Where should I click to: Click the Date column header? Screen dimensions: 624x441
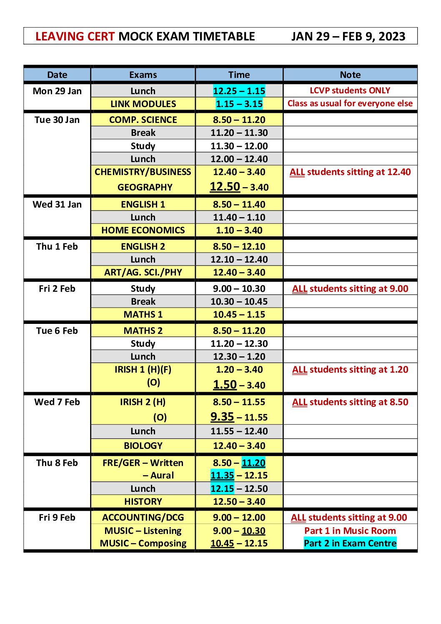click(57, 75)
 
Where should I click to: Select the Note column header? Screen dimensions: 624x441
click(350, 75)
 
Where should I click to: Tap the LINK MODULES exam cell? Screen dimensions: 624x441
click(143, 104)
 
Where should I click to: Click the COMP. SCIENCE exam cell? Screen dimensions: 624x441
click(143, 120)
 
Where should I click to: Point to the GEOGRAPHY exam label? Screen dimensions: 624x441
click(145, 188)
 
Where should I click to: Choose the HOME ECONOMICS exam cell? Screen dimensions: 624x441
click(143, 231)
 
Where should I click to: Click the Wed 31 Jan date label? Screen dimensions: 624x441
click(57, 205)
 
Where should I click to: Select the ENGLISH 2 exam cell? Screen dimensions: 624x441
click(143, 247)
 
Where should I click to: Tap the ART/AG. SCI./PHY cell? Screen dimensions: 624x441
click(143, 273)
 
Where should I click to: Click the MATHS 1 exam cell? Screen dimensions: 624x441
click(143, 315)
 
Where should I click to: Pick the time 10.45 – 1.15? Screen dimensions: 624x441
click(239, 315)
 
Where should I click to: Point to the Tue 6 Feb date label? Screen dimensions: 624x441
click(57, 331)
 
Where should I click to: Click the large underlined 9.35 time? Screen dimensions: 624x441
click(222, 417)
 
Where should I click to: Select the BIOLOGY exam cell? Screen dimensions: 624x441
click(143, 446)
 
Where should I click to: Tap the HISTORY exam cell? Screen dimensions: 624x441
click(143, 502)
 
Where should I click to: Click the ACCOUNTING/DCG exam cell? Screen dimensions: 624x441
click(143, 518)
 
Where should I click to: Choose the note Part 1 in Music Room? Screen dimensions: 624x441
click(350, 531)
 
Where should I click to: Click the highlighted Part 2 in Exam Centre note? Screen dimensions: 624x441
click(350, 544)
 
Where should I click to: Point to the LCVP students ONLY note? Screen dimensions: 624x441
click(350, 91)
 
